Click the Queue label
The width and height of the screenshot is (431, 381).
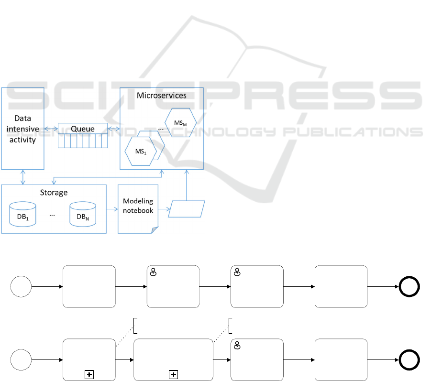[83, 129]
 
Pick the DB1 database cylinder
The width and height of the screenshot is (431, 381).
[23, 214]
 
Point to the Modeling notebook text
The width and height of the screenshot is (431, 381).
[138, 206]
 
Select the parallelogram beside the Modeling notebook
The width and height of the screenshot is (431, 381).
[187, 209]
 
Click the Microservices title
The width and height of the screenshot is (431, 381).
[162, 95]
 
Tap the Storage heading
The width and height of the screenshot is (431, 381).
[53, 193]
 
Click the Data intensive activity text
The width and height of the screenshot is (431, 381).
[23, 129]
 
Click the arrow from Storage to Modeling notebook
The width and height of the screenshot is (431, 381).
[112, 209]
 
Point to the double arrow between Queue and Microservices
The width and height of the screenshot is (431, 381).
[113, 129]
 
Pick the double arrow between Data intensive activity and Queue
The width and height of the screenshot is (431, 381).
[51, 129]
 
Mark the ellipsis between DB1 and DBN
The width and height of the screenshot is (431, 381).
[53, 215]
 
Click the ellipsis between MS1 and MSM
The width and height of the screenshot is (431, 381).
[161, 128]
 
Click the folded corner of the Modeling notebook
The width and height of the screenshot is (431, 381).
[154, 230]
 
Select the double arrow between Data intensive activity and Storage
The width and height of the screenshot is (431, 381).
[23, 177]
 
